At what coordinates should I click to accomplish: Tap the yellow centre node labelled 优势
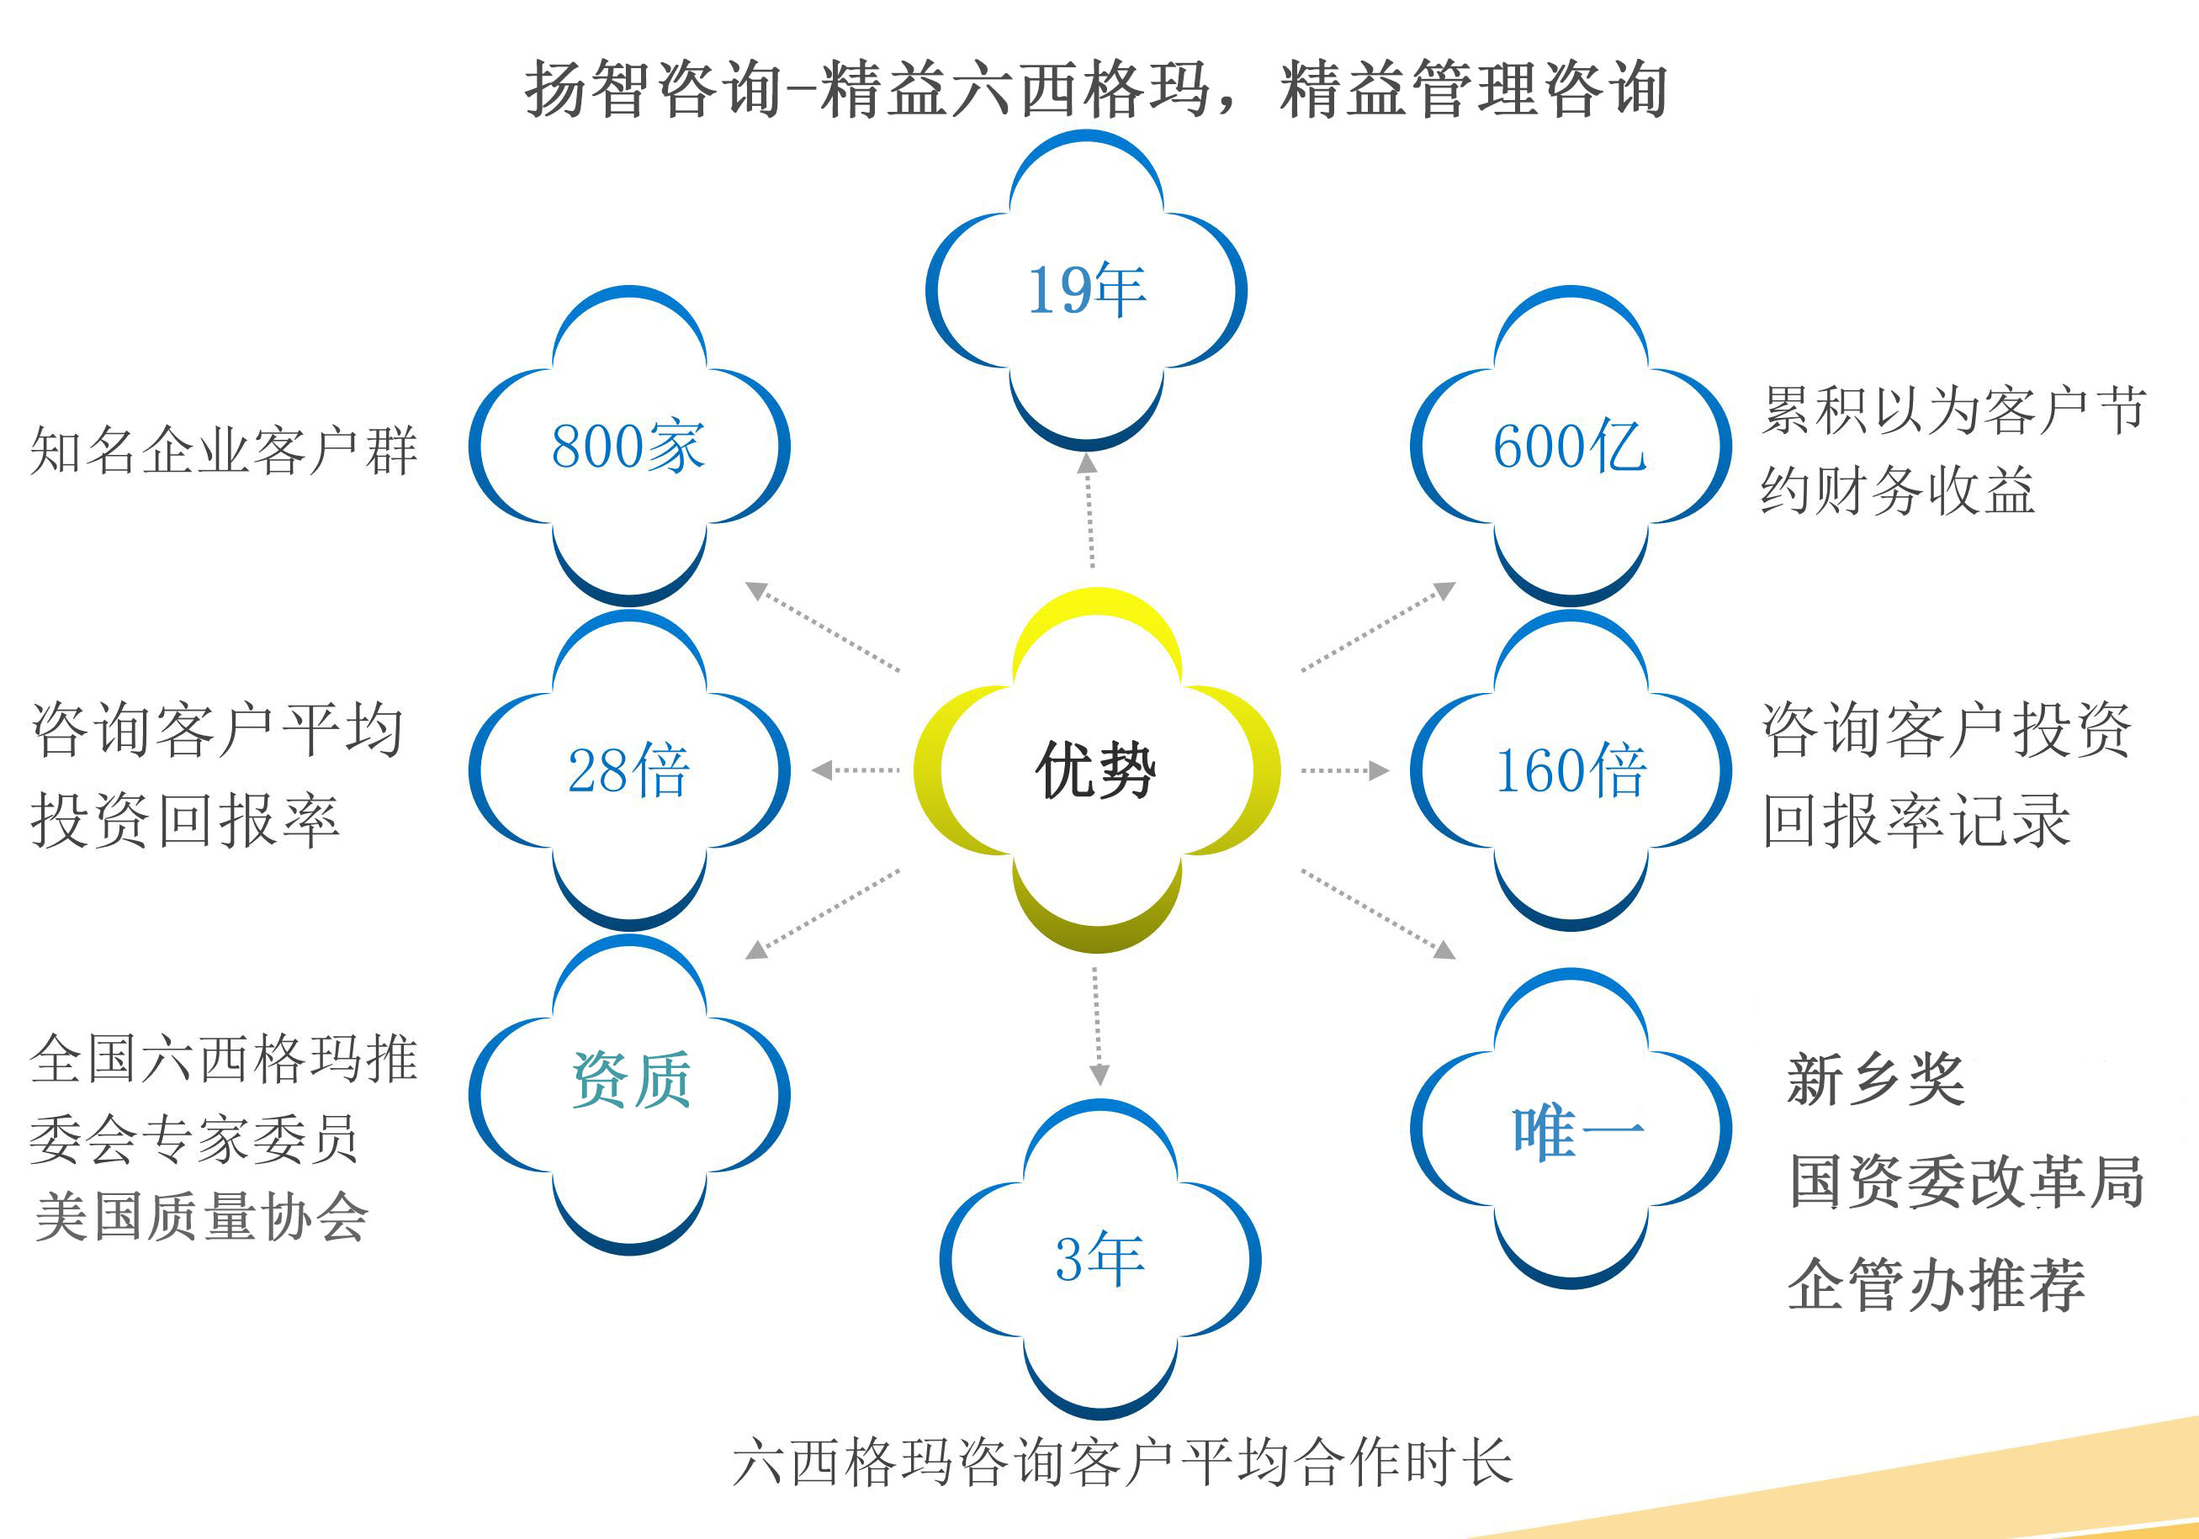[1097, 770]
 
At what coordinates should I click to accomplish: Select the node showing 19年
[1086, 290]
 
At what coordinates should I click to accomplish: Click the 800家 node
[629, 446]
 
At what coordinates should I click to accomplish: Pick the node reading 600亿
[1571, 446]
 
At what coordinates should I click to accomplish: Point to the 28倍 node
[629, 770]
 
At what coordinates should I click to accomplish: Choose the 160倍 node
[1571, 770]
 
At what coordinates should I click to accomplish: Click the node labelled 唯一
[1571, 1128]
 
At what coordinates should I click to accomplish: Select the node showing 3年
[1100, 1258]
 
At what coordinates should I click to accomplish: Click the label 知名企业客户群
[224, 450]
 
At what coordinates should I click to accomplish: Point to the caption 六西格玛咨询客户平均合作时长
[1122, 1462]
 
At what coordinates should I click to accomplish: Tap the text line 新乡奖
[1876, 1079]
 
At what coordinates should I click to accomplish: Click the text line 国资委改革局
[1967, 1181]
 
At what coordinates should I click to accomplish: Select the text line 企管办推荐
[1937, 1283]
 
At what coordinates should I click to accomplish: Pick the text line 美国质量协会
[201, 1216]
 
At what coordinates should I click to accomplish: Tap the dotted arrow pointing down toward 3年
[1098, 1026]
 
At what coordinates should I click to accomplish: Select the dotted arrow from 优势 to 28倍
[856, 770]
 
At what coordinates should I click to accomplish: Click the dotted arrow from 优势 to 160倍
[1344, 770]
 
